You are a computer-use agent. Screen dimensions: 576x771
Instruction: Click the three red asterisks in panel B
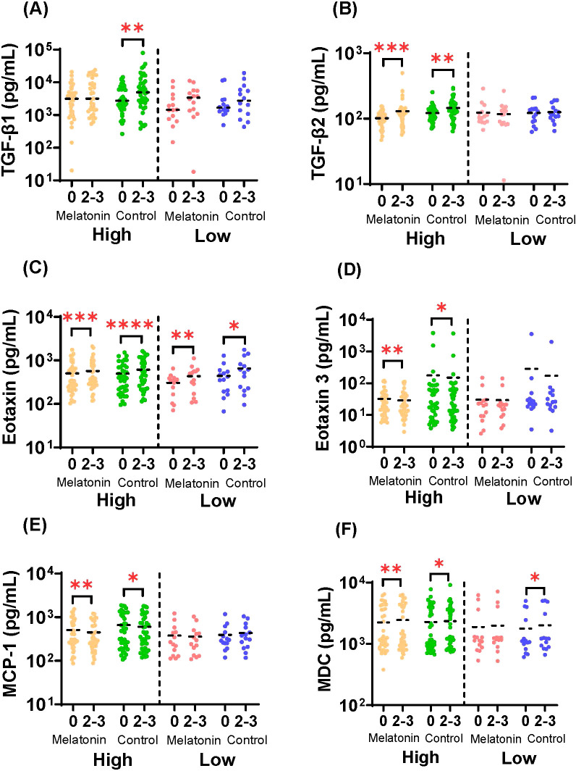(x=391, y=48)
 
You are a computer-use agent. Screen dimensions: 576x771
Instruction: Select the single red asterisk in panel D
(x=441, y=308)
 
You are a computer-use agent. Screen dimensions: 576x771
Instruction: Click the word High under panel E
(x=113, y=759)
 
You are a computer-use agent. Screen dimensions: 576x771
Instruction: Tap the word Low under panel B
(x=528, y=239)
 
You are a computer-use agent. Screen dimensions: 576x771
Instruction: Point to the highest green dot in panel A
(x=143, y=53)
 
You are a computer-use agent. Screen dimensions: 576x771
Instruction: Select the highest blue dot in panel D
(x=531, y=334)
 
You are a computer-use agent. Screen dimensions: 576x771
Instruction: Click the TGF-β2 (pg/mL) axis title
(x=321, y=113)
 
